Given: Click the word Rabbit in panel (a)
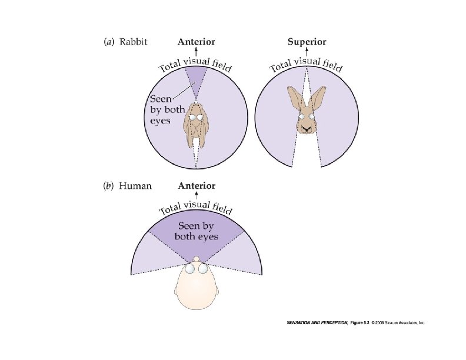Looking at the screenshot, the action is [133, 42].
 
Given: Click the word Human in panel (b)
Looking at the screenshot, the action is [135, 186].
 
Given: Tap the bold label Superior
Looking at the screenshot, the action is [307, 42].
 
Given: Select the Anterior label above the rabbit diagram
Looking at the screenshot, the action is [197, 42].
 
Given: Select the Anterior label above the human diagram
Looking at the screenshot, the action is [197, 186].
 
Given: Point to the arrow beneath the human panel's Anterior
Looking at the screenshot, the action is [197, 196].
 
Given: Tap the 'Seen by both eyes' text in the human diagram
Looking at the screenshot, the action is [197, 231].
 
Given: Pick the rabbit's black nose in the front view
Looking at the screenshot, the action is [306, 125].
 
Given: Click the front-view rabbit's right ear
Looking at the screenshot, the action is [319, 95].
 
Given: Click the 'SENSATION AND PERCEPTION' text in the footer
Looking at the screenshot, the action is [311, 323].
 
